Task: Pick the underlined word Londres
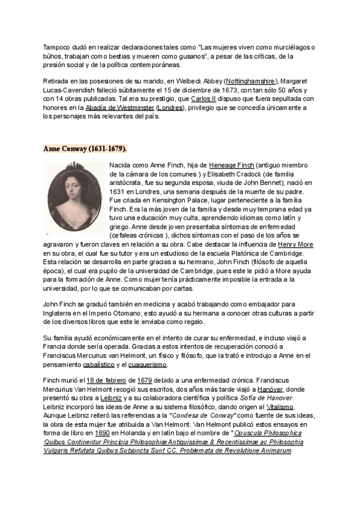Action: click(x=170, y=107)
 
